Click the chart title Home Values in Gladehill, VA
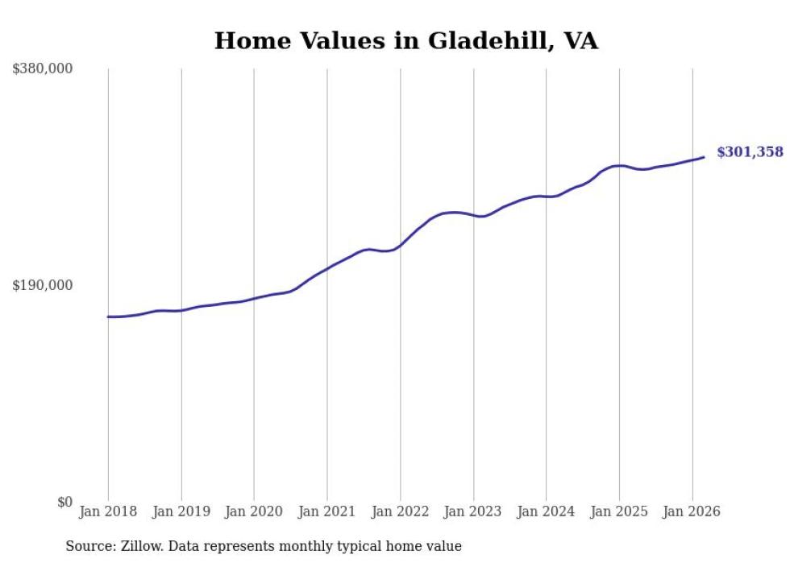click(406, 41)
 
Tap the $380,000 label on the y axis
click(43, 69)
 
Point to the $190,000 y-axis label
click(43, 286)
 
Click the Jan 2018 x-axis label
click(108, 511)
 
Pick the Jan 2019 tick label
click(181, 511)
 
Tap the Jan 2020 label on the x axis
click(254, 511)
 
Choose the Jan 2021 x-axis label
click(327, 511)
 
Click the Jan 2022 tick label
click(400, 511)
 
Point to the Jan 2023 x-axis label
click(473, 511)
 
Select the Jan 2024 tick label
click(546, 511)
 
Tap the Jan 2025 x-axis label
click(619, 511)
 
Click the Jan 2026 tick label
click(692, 511)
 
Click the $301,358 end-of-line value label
click(750, 152)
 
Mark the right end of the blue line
click(704, 157)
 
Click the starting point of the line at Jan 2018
click(108, 317)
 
